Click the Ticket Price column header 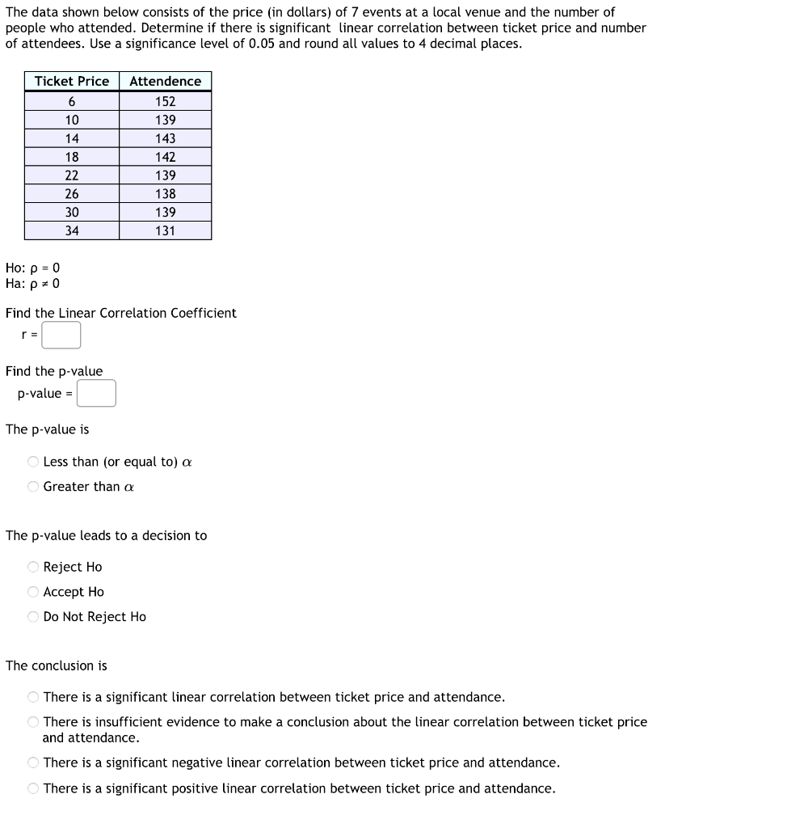72,81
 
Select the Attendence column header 166,81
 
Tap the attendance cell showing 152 166,101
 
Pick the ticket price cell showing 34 72,230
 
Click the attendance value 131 166,230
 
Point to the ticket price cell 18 72,157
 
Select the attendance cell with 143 166,138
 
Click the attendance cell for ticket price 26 166,194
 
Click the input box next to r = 61,335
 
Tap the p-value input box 97,394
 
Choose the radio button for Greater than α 33,487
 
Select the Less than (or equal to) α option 33,462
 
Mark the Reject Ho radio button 33,567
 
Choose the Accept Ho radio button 33,592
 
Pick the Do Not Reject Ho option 33,617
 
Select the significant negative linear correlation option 33,763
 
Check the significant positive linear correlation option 33,788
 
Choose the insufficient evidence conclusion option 33,722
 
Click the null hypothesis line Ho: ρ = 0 32,268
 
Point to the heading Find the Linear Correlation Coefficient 121,313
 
